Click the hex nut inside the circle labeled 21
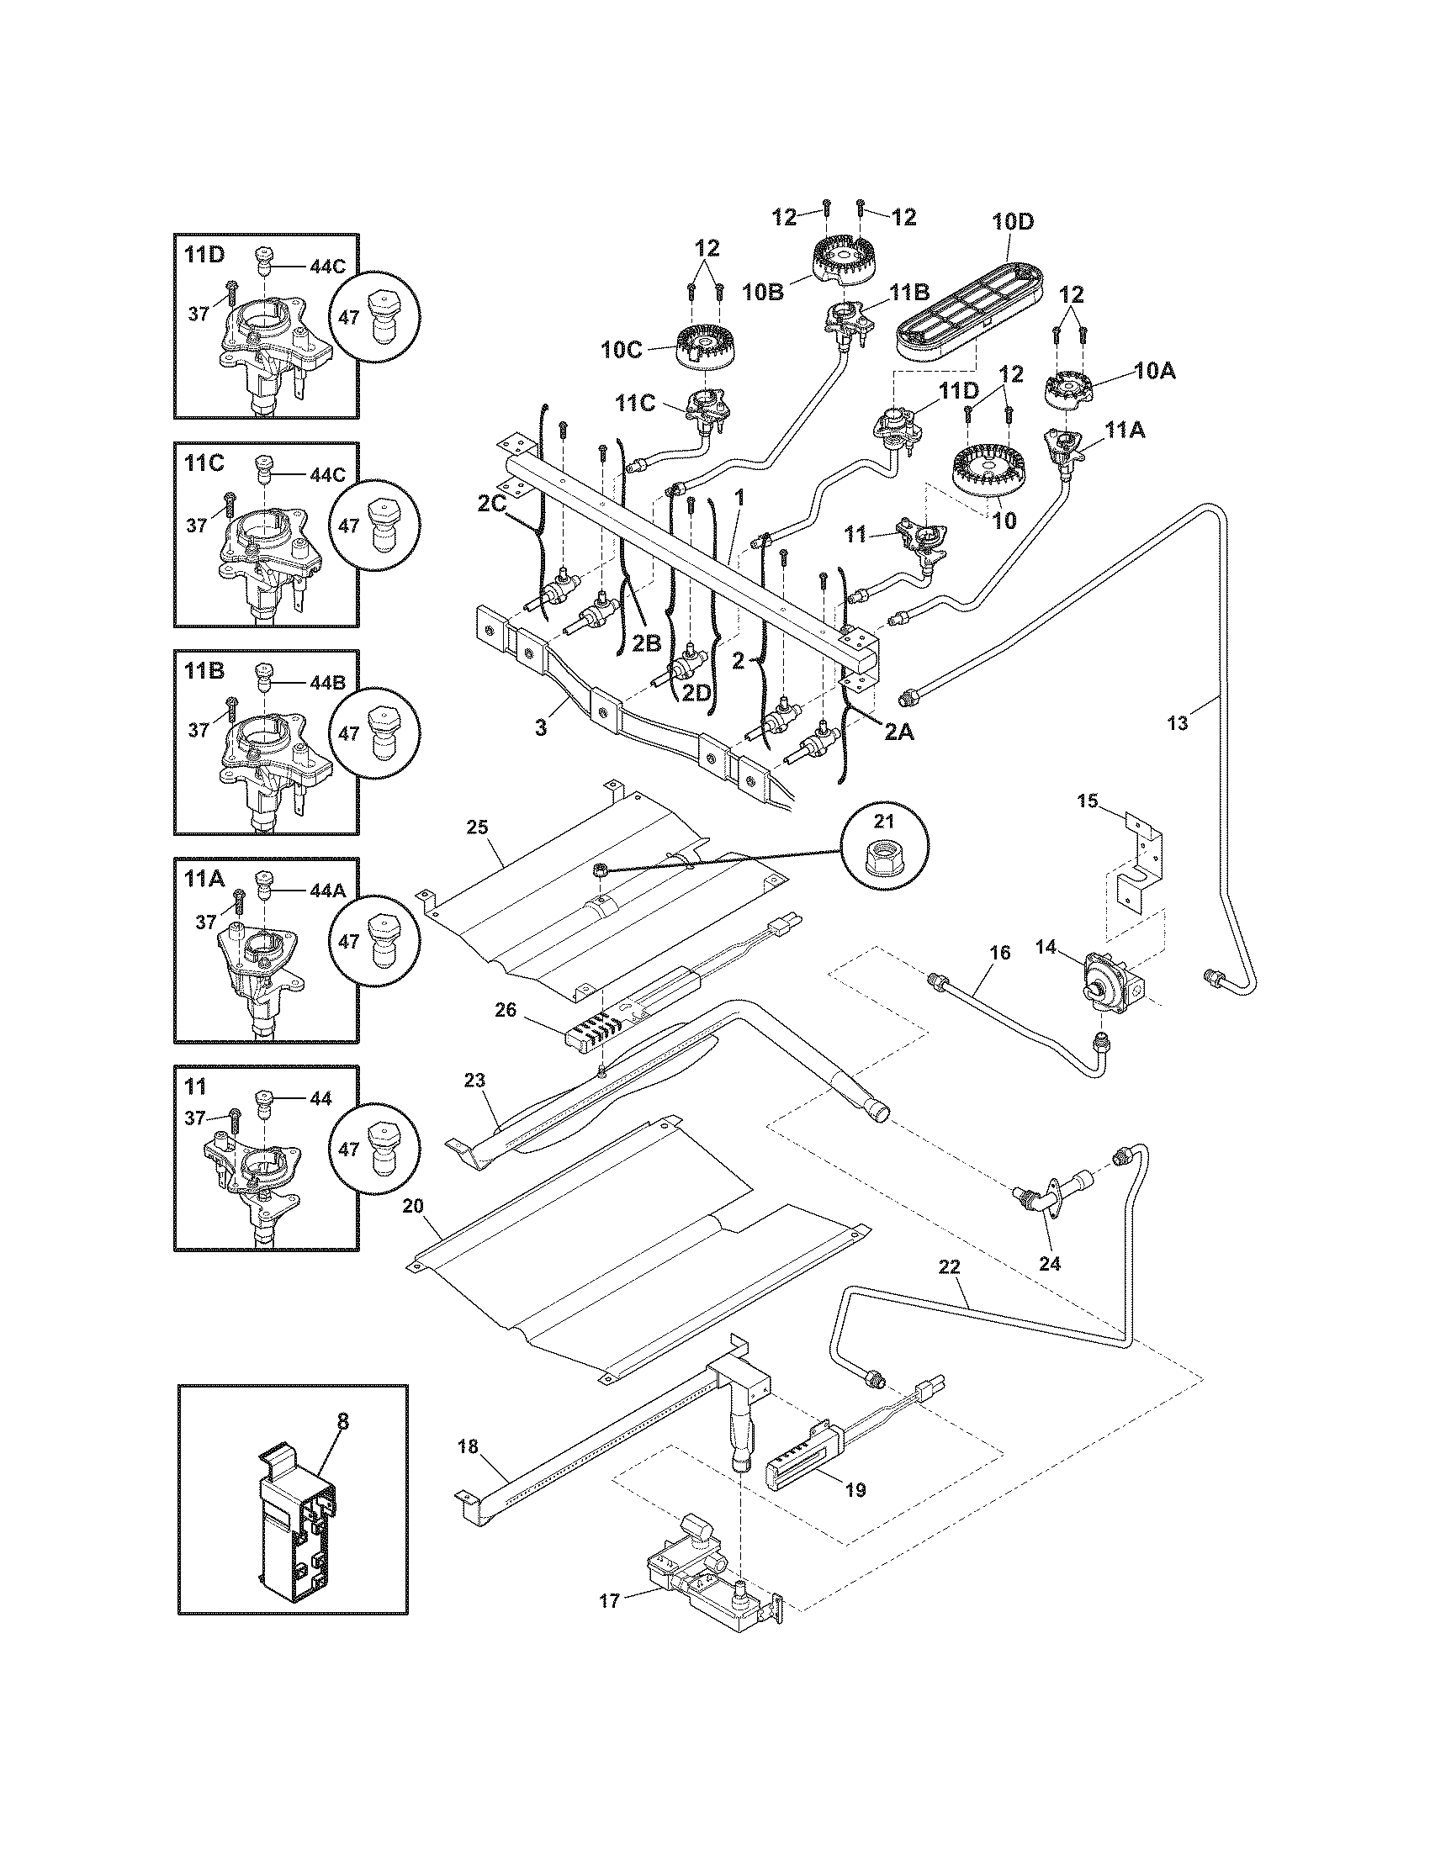click(x=882, y=863)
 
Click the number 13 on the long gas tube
click(x=1178, y=722)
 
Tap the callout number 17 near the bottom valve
click(x=609, y=1600)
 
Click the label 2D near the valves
click(x=696, y=692)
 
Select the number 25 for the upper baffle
click(x=478, y=827)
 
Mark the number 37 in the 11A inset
click(x=207, y=922)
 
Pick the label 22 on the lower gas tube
click(x=950, y=1290)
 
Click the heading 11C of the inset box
click(x=204, y=463)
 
